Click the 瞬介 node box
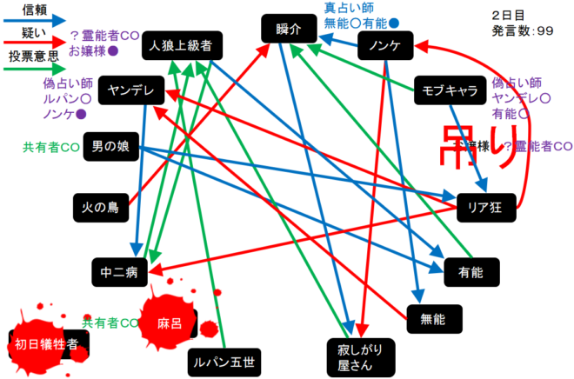287,30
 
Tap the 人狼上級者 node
181,46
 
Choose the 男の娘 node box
110,150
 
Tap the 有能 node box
469,272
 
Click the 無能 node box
431,319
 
